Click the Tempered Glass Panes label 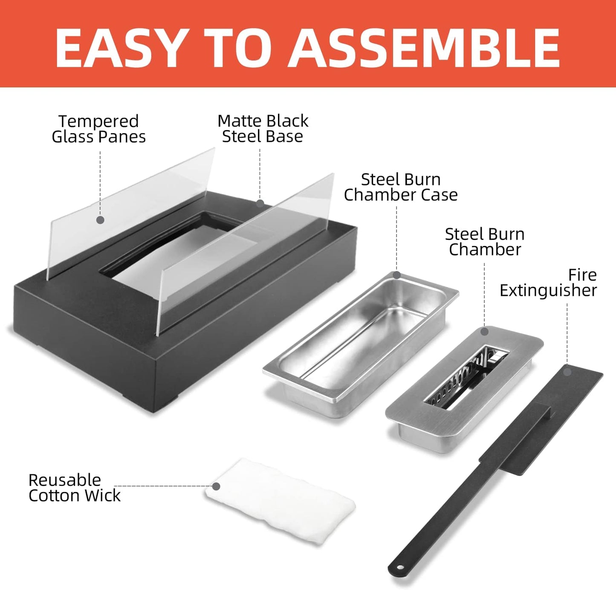coord(99,129)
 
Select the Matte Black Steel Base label coord(263,128)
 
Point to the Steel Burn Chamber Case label coord(401,187)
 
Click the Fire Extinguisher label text coord(548,283)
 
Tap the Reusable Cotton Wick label coord(75,488)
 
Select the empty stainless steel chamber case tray coord(361,343)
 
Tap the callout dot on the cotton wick coord(216,486)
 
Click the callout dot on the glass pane coord(100,220)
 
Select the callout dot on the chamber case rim coord(396,275)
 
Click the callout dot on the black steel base coord(260,203)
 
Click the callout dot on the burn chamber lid coord(484,332)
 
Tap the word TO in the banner coord(237,48)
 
